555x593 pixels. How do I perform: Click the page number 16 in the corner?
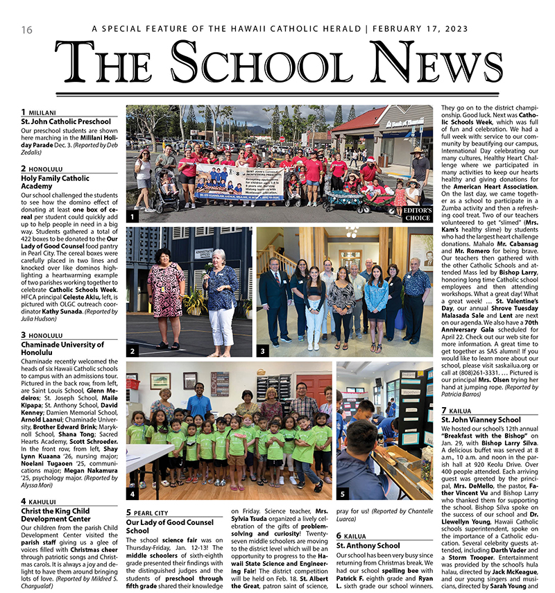(x=27, y=30)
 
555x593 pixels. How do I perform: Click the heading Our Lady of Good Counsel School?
(x=169, y=526)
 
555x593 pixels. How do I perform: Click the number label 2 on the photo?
(x=132, y=351)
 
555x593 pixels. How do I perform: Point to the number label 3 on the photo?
(x=262, y=351)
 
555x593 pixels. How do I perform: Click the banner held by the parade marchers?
(x=239, y=182)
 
